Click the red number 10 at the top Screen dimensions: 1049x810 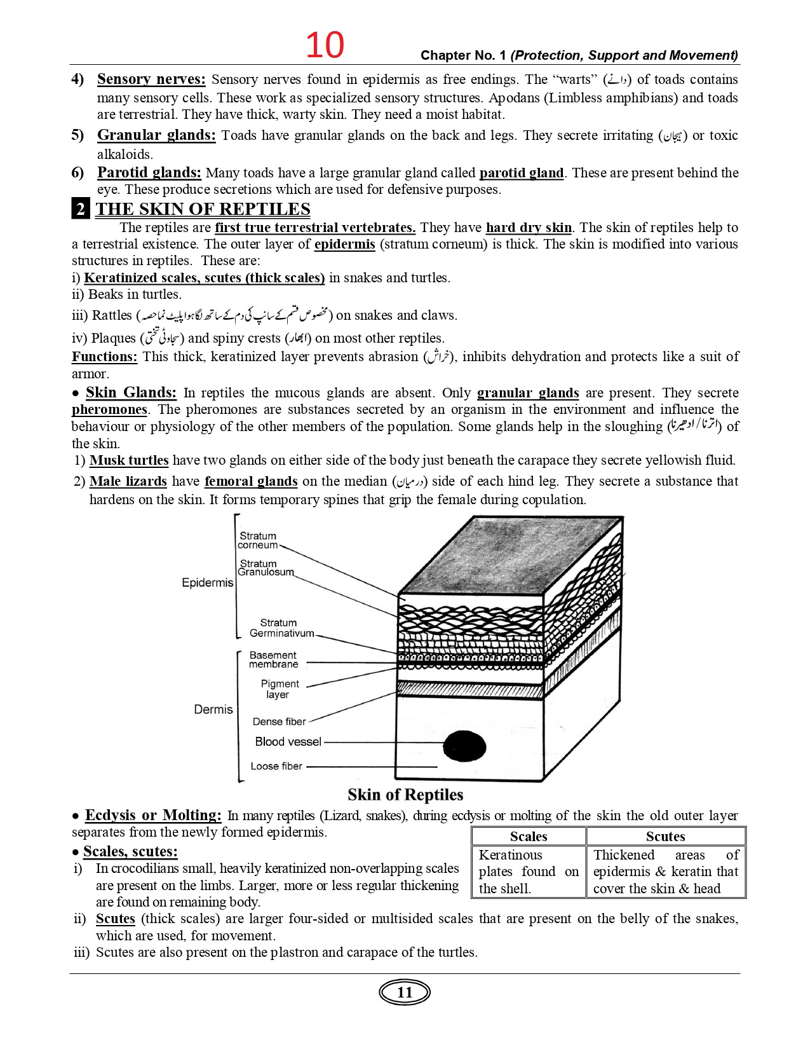point(325,45)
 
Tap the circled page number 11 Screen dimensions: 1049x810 point(405,992)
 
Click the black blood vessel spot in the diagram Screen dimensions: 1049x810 point(464,746)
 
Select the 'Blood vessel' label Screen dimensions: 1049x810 point(288,742)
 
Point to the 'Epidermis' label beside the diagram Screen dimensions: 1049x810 point(207,583)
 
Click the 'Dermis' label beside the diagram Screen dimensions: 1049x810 point(213,710)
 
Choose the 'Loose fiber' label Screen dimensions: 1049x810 point(276,766)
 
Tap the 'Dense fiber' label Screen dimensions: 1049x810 point(279,722)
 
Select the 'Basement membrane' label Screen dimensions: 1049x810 point(273,660)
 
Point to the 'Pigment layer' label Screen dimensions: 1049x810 point(280,689)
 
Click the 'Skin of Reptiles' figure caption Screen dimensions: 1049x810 point(405,795)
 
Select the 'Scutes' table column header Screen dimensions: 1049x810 point(665,837)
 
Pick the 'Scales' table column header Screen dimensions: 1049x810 point(529,837)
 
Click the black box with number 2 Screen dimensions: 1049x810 point(81,209)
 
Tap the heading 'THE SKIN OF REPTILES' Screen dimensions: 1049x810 point(203,209)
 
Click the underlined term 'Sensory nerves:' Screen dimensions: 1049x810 point(151,79)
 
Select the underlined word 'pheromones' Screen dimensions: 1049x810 point(109,409)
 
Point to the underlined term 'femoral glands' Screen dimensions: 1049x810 point(251,481)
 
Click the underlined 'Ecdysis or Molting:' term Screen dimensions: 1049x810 point(153,816)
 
